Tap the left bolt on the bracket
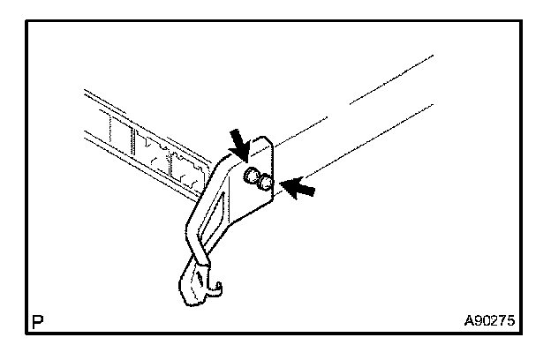pyautogui.click(x=251, y=175)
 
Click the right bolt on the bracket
pyautogui.click(x=264, y=181)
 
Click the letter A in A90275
pyautogui.click(x=470, y=323)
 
